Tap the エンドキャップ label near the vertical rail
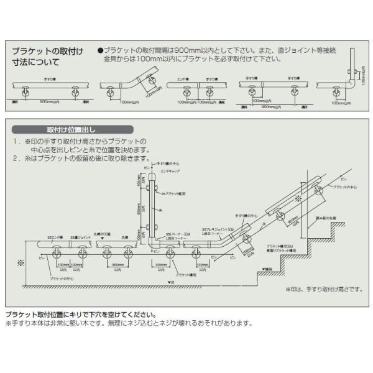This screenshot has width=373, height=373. coord(170,169)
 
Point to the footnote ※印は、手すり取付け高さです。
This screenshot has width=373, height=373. coord(318,290)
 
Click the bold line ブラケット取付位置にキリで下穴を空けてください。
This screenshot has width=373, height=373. coord(81,315)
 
